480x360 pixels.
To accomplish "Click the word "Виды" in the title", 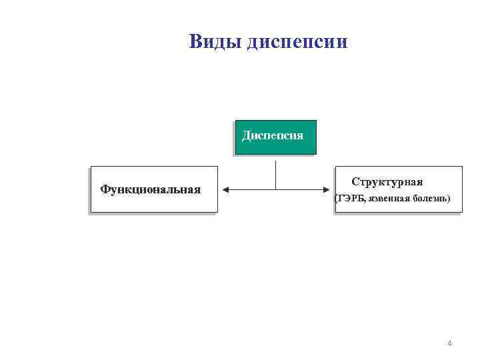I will tap(215, 42).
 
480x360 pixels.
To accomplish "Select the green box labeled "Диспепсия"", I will tap(275, 137).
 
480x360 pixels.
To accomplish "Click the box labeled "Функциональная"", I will tap(154, 189).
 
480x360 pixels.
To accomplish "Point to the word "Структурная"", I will tap(387, 182).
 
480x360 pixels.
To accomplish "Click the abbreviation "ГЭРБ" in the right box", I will tap(350, 199).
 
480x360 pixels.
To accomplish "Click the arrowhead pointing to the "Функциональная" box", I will tap(225, 190).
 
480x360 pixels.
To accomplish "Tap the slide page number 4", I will tap(449, 343).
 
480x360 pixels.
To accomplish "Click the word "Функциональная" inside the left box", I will tap(151, 189).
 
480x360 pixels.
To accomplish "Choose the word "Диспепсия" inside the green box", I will tap(273, 135).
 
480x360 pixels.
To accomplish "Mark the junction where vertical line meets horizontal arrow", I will tap(275, 190).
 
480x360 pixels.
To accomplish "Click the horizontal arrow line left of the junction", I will tap(250, 190).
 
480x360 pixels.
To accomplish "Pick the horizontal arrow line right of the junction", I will tap(303, 190).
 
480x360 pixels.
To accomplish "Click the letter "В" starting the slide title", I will tap(195, 42).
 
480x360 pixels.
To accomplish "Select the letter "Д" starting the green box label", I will tap(246, 136).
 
